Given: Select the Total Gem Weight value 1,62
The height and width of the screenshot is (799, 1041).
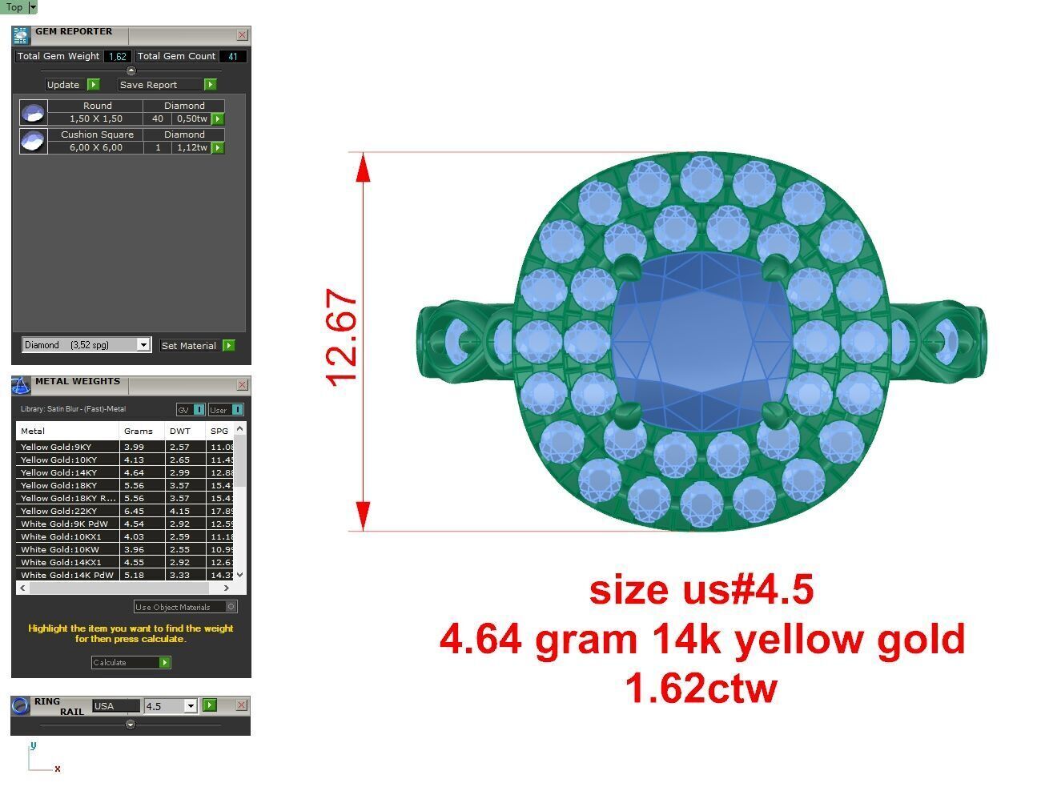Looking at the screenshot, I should click(118, 57).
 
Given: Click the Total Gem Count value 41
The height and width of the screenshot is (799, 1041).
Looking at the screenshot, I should click(232, 57).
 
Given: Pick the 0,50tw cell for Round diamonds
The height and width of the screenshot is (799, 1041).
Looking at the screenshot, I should click(191, 118).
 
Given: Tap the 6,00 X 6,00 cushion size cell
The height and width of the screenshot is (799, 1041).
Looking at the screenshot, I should click(95, 147).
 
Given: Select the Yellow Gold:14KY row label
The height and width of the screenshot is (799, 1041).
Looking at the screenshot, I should click(58, 473).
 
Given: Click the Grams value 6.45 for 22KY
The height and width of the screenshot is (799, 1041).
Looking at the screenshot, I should click(134, 512).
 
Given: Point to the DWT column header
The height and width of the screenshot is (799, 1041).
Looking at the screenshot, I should click(180, 431).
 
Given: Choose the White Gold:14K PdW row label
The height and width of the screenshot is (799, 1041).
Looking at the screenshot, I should click(66, 576).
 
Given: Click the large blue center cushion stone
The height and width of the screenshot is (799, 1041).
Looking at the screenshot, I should click(701, 336).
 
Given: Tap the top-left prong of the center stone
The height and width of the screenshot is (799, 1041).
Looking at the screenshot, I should click(622, 265).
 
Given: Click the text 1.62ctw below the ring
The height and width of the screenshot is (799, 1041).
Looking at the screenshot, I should click(701, 688).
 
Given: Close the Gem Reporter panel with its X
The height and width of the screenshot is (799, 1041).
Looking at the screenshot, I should click(242, 35).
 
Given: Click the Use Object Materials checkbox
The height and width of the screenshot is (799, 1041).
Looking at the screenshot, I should click(231, 607).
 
